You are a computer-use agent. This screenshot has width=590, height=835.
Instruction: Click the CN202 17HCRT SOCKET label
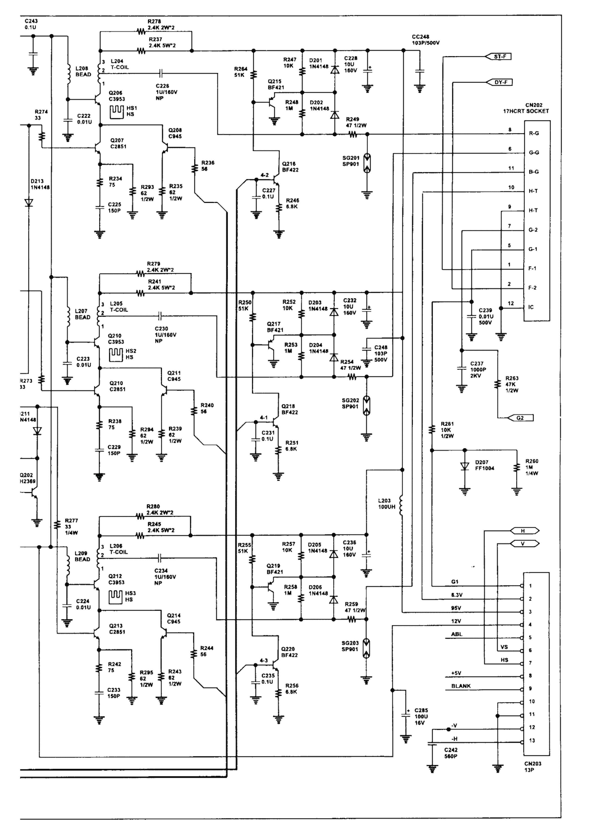pyautogui.click(x=526, y=108)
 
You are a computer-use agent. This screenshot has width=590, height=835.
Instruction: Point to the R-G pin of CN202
pyautogui.click(x=534, y=134)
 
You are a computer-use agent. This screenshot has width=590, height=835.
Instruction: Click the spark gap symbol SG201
pyautogui.click(x=367, y=163)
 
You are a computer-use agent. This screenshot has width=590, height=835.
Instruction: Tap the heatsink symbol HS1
pyautogui.click(x=117, y=112)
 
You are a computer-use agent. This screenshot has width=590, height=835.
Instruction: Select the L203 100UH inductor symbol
pyautogui.click(x=402, y=505)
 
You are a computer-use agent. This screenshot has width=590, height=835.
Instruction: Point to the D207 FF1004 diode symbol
pyautogui.click(x=465, y=466)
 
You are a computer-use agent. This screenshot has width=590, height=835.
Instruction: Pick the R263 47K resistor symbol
pyautogui.click(x=498, y=384)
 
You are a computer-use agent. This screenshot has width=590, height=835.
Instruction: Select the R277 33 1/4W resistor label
pyautogui.click(x=71, y=527)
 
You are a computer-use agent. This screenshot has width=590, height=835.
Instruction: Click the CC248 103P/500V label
pyautogui.click(x=426, y=40)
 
